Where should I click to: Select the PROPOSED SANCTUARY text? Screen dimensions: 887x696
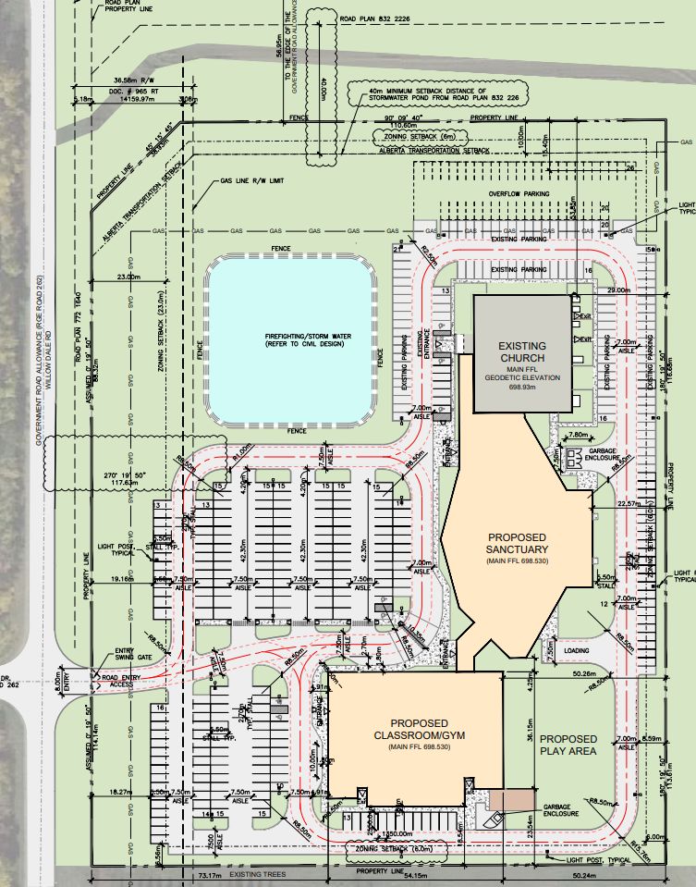coord(517,546)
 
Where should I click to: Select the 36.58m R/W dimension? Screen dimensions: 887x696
coord(132,80)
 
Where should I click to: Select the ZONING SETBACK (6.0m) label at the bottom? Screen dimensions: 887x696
coord(377,845)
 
